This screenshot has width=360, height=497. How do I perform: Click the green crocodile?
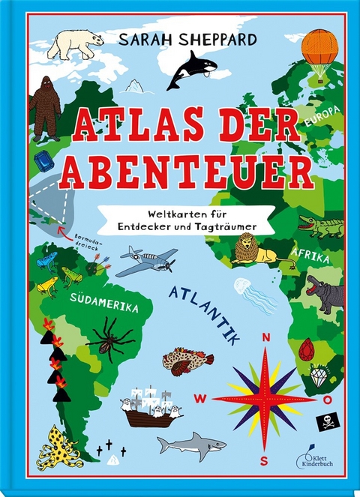point(320,224)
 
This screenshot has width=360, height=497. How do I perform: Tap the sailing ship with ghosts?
point(152,406)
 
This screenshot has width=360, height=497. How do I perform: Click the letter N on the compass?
point(265,338)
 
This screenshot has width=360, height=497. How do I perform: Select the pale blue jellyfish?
point(253,292)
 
